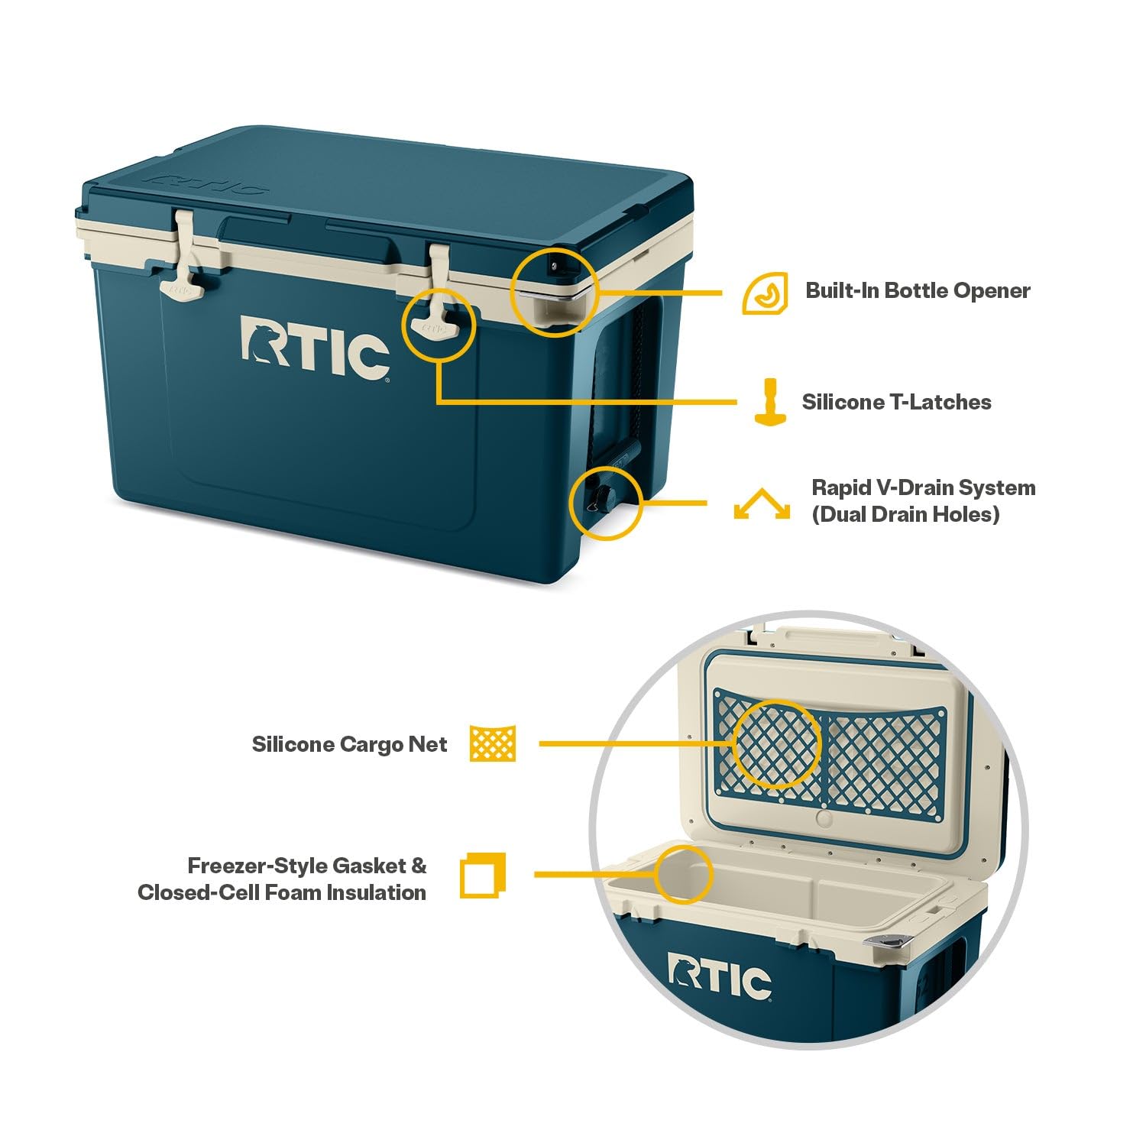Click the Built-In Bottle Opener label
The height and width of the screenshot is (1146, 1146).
click(918, 291)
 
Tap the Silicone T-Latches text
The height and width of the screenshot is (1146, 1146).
click(896, 403)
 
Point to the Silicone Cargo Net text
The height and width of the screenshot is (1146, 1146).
click(349, 744)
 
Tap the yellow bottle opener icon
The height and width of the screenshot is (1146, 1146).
click(766, 293)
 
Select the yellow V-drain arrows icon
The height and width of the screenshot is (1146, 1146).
click(762, 505)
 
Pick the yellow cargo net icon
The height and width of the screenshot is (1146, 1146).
click(493, 743)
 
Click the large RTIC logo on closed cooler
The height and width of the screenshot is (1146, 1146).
click(315, 348)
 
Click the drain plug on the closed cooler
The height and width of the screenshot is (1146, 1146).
click(596, 499)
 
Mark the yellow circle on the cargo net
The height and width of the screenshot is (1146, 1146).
click(776, 743)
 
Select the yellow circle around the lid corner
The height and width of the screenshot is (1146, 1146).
click(555, 292)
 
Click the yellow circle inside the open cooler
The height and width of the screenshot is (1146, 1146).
click(684, 872)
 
